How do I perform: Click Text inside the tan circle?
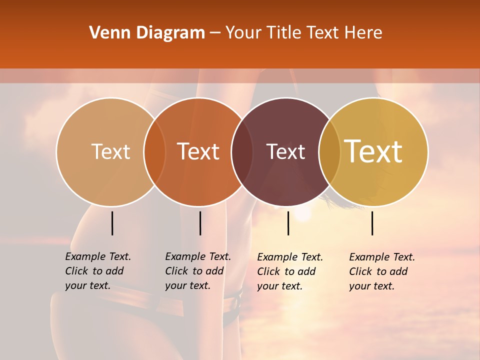[110, 151]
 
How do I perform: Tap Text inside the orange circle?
[198, 151]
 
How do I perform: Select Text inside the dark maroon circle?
[285, 151]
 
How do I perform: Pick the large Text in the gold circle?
[373, 151]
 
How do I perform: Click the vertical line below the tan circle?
[112, 223]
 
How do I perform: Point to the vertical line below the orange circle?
[200, 223]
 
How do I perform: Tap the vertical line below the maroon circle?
[288, 223]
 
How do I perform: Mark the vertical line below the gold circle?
[372, 223]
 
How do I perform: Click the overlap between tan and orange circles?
[154, 151]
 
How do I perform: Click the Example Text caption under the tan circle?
[98, 271]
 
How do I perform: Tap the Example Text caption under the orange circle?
[198, 271]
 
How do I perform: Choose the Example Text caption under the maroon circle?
[290, 271]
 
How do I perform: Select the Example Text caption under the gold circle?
[382, 271]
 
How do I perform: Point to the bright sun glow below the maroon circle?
[302, 213]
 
